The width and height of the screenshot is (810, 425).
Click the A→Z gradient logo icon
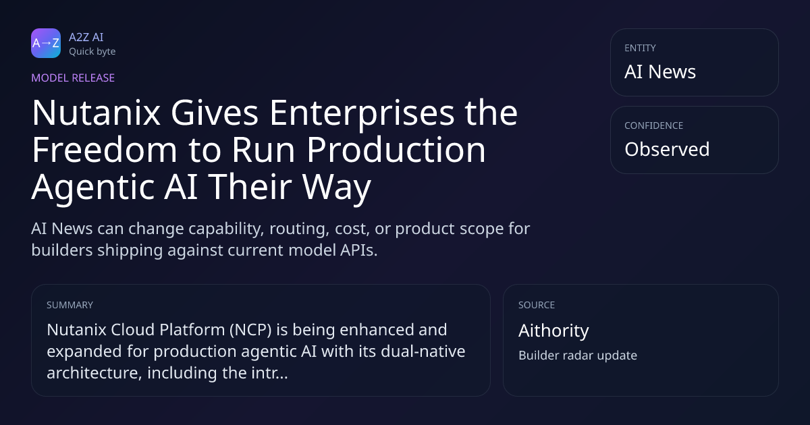(x=46, y=43)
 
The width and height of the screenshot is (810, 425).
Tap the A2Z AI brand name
(x=86, y=37)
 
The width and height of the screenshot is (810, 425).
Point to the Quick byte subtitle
(x=92, y=52)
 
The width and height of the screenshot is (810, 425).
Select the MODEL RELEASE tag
(x=73, y=78)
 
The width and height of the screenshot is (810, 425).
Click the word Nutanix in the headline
(x=96, y=113)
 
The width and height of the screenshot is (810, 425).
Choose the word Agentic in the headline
(x=93, y=188)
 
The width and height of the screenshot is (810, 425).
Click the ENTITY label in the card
(x=640, y=48)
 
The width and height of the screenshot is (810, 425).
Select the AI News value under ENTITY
(x=660, y=72)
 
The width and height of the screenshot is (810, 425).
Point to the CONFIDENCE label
(x=654, y=125)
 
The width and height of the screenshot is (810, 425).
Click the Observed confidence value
(x=667, y=149)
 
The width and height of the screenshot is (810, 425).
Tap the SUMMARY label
(x=70, y=305)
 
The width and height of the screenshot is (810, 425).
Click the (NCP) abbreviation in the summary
(x=250, y=330)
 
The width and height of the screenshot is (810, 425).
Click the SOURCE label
(x=537, y=305)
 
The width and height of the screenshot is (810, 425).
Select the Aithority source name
(x=553, y=331)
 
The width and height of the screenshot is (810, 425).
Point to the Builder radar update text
(x=578, y=356)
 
